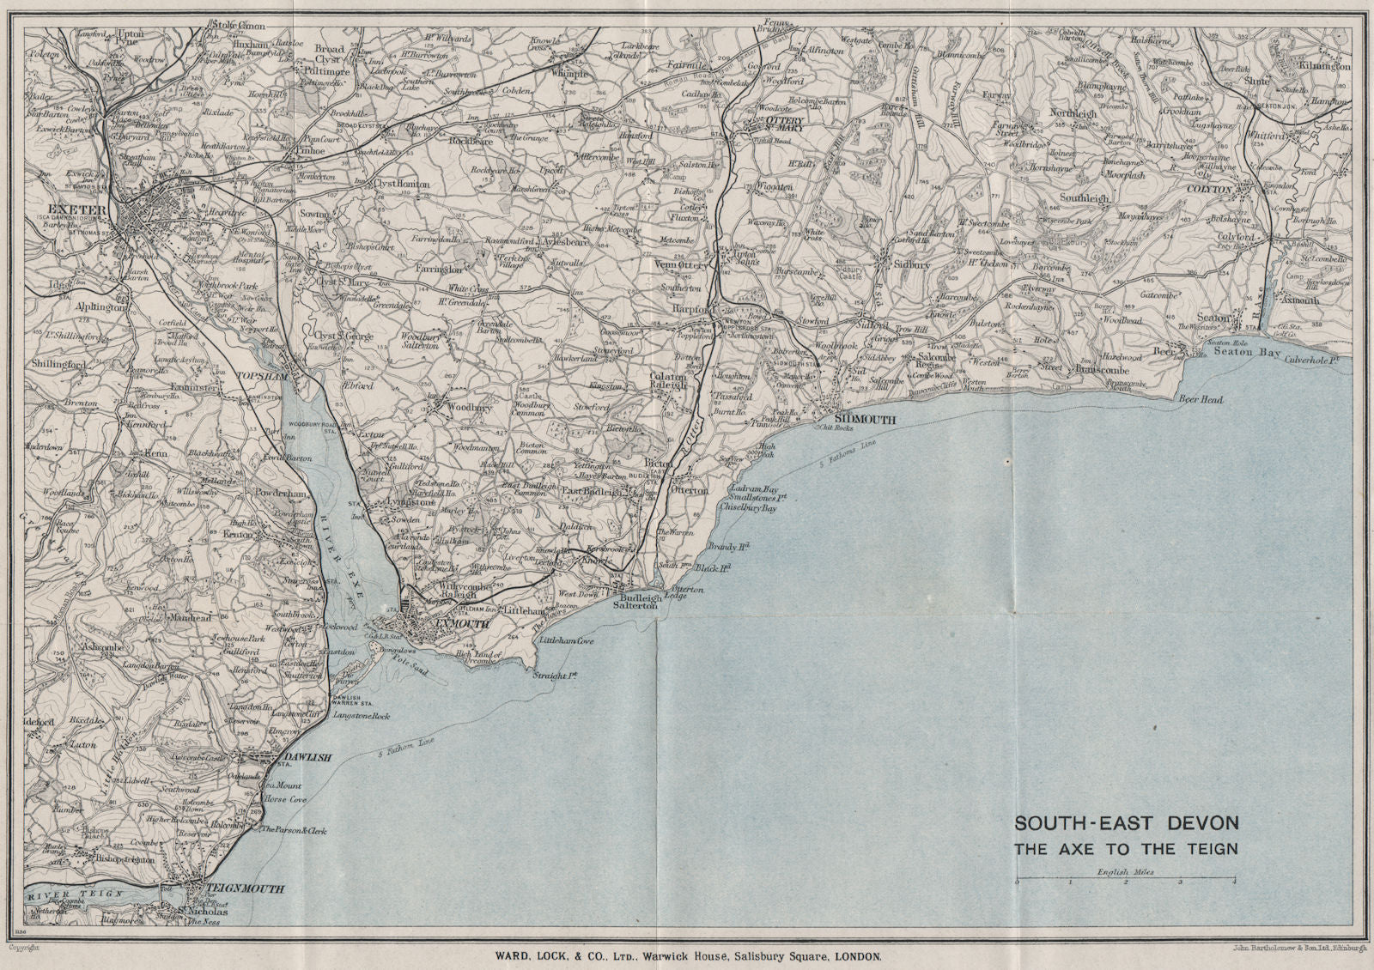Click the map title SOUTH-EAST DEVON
(x=1127, y=823)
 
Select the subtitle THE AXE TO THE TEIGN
(x=1127, y=850)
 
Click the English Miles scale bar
(x=1125, y=881)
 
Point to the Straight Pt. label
(x=555, y=676)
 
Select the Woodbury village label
(x=470, y=408)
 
